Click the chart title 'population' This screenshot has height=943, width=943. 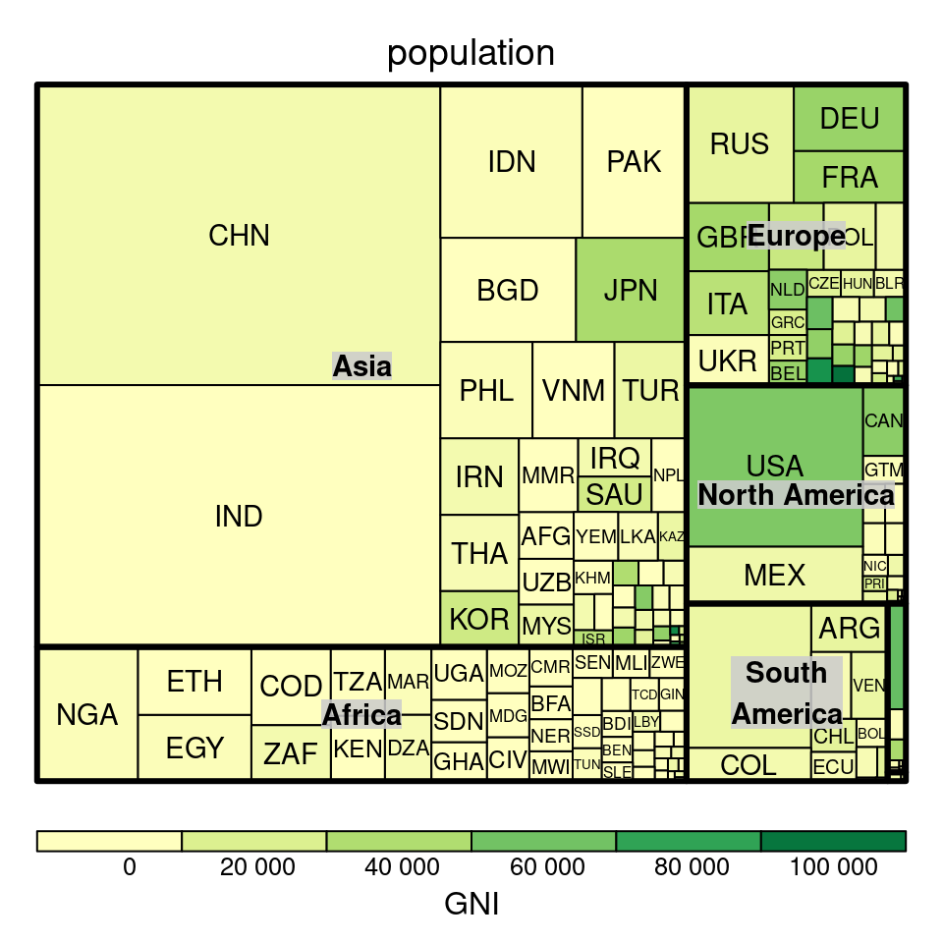[471, 53]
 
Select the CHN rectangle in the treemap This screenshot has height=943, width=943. [239, 236]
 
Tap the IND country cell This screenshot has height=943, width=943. [239, 517]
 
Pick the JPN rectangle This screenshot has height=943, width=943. [630, 290]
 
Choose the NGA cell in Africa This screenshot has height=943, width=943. [87, 714]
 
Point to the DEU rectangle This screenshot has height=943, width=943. [849, 119]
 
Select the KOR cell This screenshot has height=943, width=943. [479, 619]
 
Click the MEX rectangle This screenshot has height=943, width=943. [774, 575]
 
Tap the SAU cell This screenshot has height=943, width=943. [614, 494]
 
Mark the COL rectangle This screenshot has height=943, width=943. [749, 764]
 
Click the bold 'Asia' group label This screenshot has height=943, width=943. [362, 366]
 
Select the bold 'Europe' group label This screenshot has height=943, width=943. [796, 237]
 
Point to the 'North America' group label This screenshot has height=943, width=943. [796, 495]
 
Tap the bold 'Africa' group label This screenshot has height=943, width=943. [362, 714]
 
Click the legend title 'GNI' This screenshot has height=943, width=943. [471, 904]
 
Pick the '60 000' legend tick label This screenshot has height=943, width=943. [543, 867]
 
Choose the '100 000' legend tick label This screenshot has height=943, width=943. [832, 867]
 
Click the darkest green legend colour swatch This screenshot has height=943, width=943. [833, 841]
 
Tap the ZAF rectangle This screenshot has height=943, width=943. [291, 753]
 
